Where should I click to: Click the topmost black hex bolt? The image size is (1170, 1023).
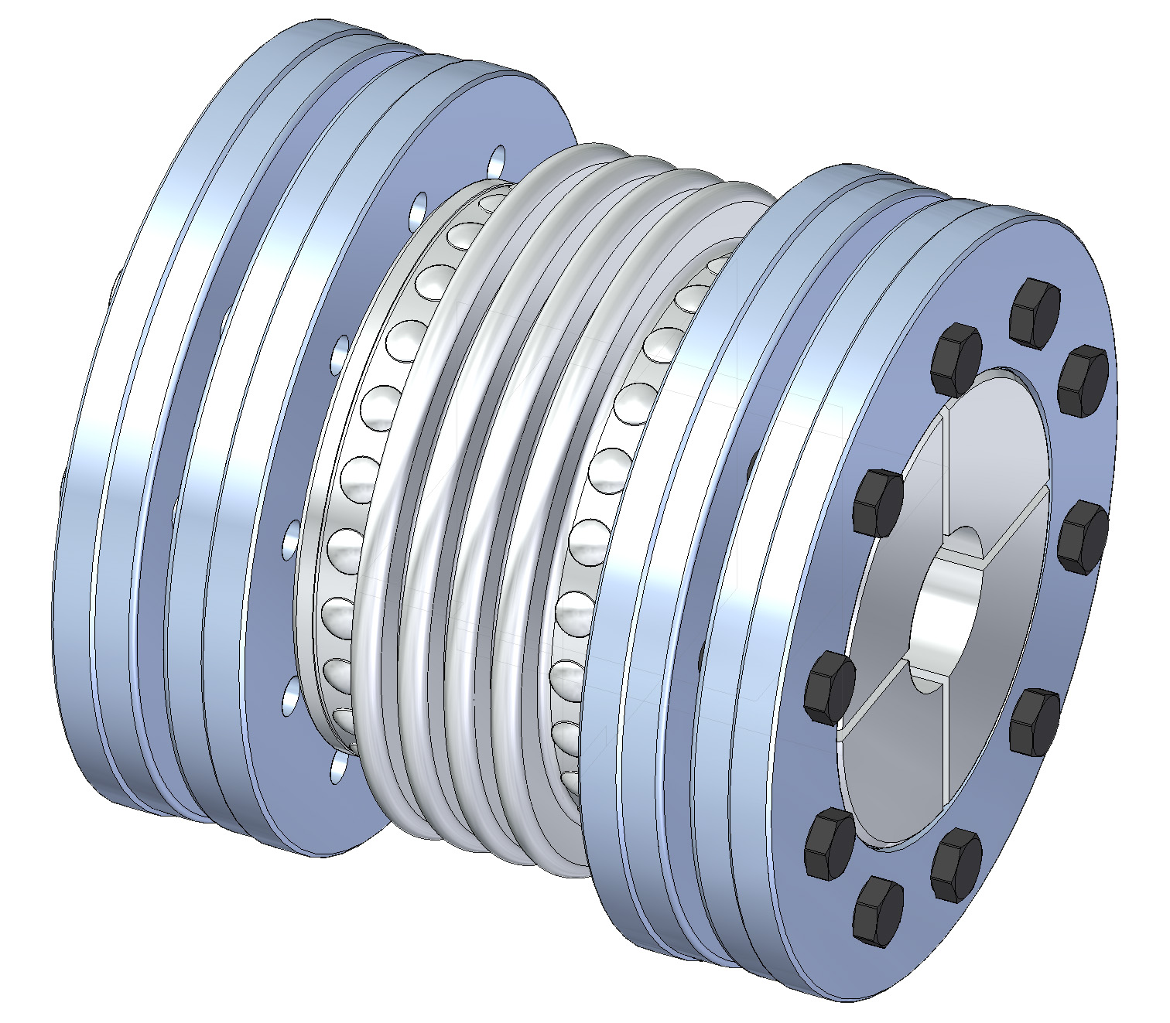tap(1035, 308)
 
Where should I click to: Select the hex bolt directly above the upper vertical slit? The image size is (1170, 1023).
tap(956, 360)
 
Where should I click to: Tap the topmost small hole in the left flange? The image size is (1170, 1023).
tap(497, 162)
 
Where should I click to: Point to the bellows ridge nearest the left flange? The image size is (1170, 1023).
tap(402, 495)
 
